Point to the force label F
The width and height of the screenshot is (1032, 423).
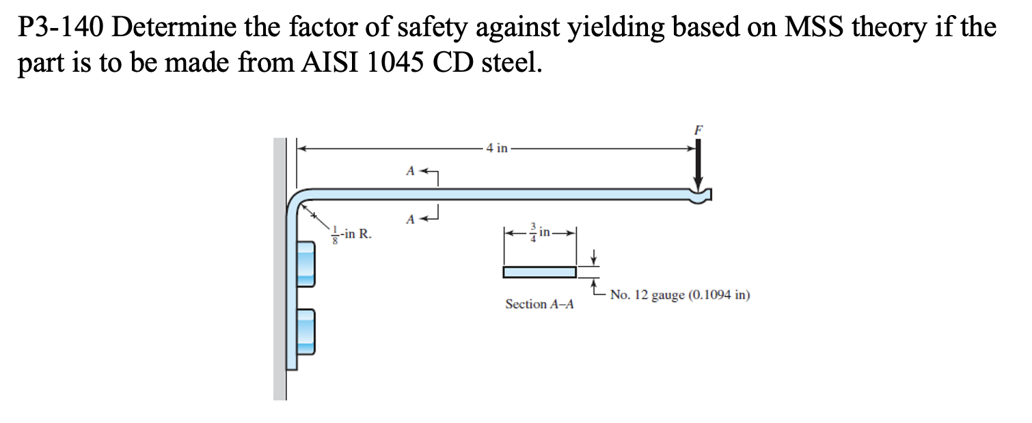point(697,128)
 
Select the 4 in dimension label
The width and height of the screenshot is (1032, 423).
point(496,148)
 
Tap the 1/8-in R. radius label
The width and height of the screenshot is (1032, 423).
point(351,234)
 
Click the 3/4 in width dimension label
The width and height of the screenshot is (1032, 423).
point(541,232)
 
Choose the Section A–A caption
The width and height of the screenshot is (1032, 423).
point(539,304)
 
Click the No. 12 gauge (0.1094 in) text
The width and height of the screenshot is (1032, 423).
point(680,295)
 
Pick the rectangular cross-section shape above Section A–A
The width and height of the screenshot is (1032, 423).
point(539,272)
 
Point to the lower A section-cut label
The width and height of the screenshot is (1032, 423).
point(410,219)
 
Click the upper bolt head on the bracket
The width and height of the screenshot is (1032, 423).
point(305,265)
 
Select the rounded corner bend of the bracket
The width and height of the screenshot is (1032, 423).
point(295,202)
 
